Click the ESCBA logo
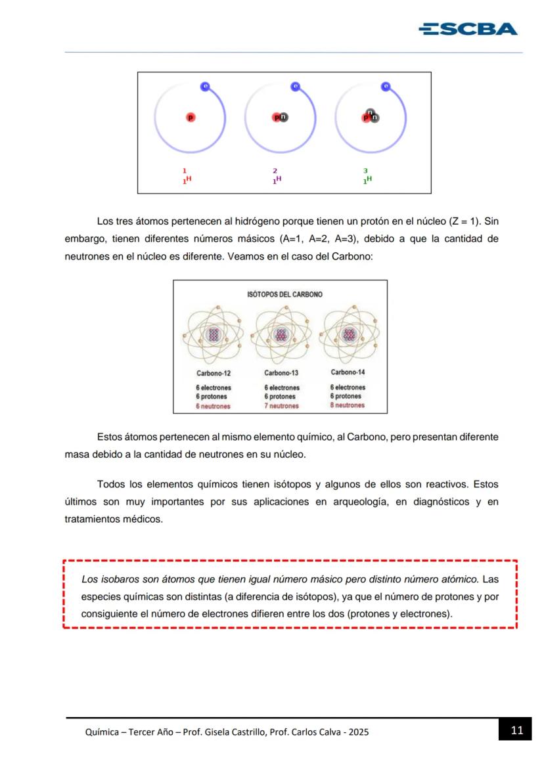coord(468,29)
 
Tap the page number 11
coord(516,730)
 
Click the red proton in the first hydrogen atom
coord(191,118)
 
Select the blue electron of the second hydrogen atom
coord(296,86)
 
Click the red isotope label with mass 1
coord(187,177)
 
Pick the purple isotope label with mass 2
coord(277,177)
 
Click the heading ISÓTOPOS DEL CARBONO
coord(284,294)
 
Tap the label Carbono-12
coord(214,373)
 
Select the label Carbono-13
coord(281,373)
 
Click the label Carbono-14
coord(348,372)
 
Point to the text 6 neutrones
coord(213,406)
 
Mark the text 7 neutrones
coord(281,406)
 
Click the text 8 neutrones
coord(348,405)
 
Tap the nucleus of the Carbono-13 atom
coord(281,335)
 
